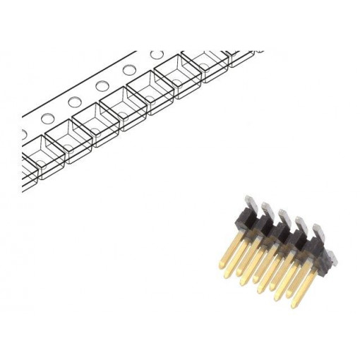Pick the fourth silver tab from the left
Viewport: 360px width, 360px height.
coord(303,224)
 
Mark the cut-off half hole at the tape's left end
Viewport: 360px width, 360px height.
coord(23,132)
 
